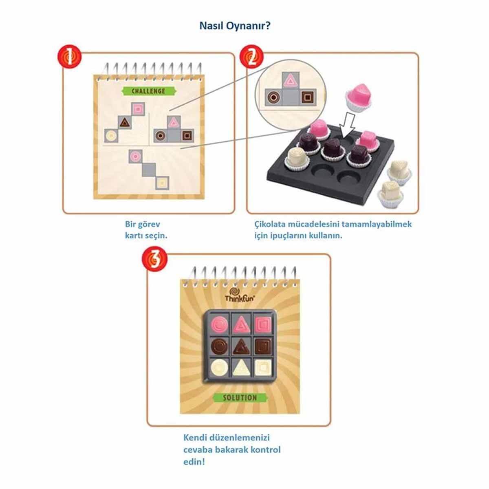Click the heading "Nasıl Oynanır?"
coord(235,26)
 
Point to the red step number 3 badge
coord(154,259)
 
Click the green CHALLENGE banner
coord(149,91)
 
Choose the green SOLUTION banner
coord(240,397)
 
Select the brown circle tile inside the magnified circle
coord(273,97)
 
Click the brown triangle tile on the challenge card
coord(125,123)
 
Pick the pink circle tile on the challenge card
coord(135,156)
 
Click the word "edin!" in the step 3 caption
coord(194,462)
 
